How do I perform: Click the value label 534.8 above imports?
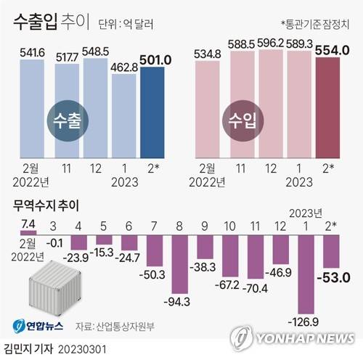pos(208,52)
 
